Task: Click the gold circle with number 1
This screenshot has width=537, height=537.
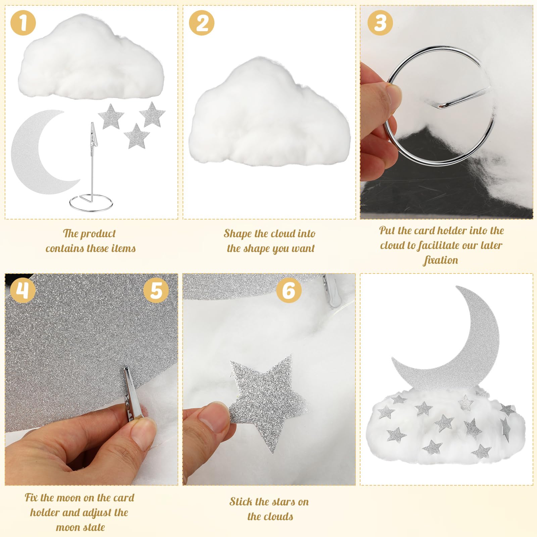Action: click(x=23, y=22)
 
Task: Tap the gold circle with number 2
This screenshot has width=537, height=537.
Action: click(x=201, y=22)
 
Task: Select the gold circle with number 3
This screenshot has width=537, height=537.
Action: click(x=380, y=22)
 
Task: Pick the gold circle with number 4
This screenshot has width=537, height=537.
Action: click(x=22, y=290)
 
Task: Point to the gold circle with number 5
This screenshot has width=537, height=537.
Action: click(x=156, y=290)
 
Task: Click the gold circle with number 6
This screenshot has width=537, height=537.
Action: click(x=289, y=290)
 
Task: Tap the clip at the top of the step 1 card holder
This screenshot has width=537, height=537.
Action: click(x=92, y=134)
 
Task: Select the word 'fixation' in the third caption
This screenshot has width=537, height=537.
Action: click(x=441, y=260)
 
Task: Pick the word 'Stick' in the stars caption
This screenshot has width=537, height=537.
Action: click(x=241, y=501)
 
